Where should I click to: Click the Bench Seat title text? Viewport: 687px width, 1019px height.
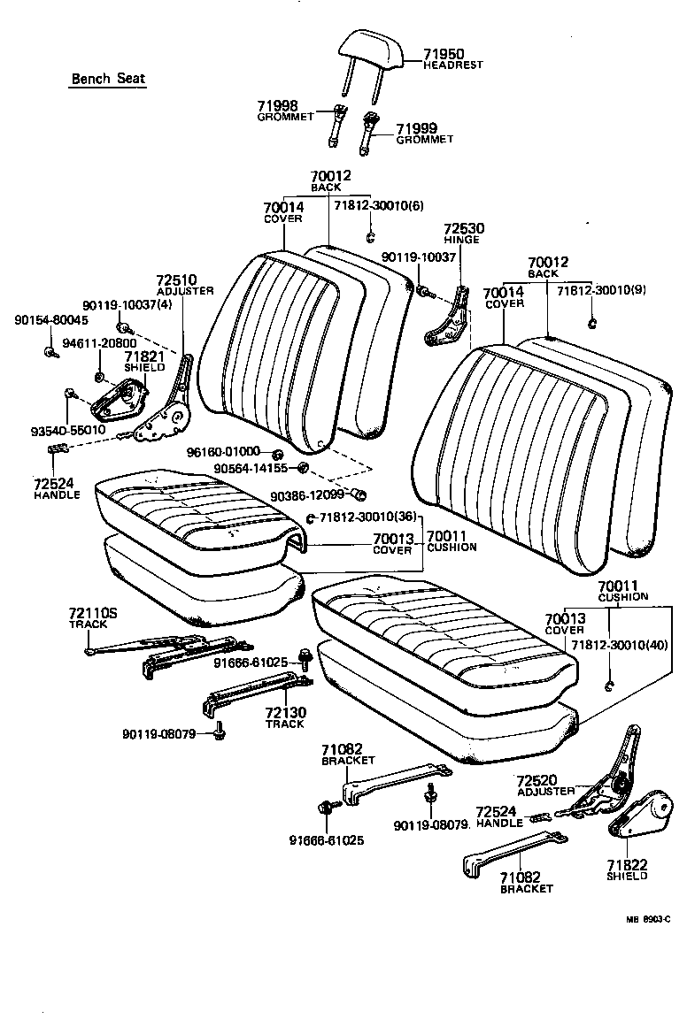tap(108, 79)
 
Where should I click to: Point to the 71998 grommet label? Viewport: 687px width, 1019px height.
tap(277, 105)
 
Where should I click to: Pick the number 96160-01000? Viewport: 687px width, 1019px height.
tap(223, 452)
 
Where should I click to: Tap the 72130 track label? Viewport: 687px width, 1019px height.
tap(284, 712)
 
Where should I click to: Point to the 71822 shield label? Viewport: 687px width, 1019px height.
tap(627, 864)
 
